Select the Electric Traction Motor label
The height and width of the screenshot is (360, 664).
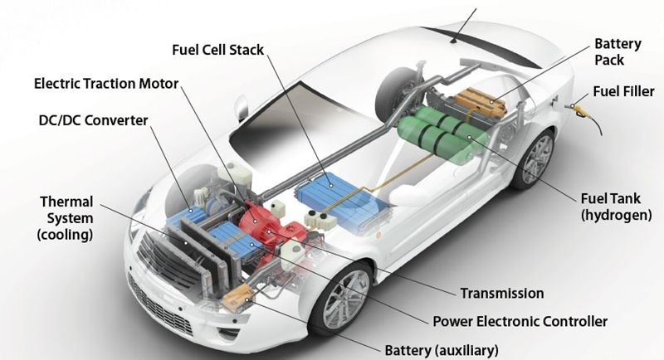click(108, 85)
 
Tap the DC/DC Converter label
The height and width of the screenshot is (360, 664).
click(93, 120)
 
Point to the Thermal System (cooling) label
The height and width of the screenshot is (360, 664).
click(66, 218)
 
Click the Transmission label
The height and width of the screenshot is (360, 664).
click(502, 293)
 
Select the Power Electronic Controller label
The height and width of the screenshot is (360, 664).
click(520, 321)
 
